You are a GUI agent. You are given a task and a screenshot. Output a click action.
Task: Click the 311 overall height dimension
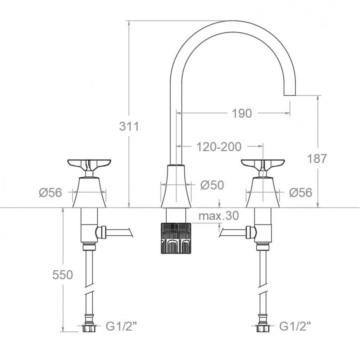(x=129, y=126)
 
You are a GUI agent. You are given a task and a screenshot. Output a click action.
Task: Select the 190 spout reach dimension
(x=242, y=113)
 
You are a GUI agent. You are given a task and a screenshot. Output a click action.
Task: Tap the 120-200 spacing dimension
(x=219, y=146)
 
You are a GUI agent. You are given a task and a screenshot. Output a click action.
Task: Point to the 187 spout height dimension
(x=317, y=158)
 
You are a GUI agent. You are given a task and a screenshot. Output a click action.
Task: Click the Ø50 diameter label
(x=212, y=185)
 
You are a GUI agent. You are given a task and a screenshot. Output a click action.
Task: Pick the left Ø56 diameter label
(x=50, y=193)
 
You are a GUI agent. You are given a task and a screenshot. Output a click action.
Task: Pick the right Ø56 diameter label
(x=301, y=193)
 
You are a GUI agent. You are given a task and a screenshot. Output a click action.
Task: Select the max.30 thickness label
(x=219, y=216)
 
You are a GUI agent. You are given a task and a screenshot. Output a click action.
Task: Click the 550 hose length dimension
(x=63, y=275)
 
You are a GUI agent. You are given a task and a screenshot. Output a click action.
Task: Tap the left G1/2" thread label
(x=121, y=327)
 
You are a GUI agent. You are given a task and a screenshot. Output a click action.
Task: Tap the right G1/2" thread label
(x=295, y=327)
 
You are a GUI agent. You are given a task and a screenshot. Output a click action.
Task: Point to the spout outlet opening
(x=290, y=95)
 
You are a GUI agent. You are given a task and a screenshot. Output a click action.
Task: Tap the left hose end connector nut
(x=89, y=328)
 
